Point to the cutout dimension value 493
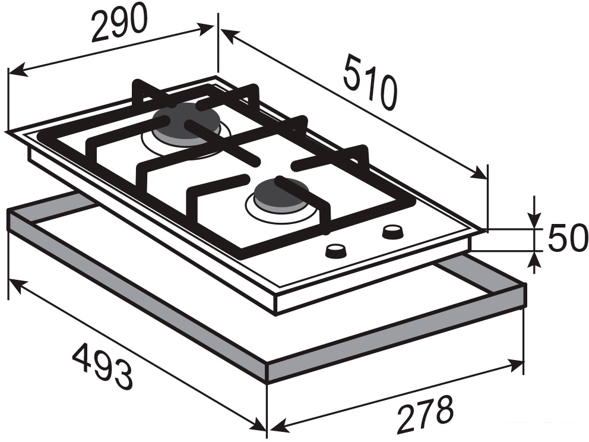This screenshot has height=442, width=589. pos(102,368)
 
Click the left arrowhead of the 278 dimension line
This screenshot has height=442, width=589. pos(277,426)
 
